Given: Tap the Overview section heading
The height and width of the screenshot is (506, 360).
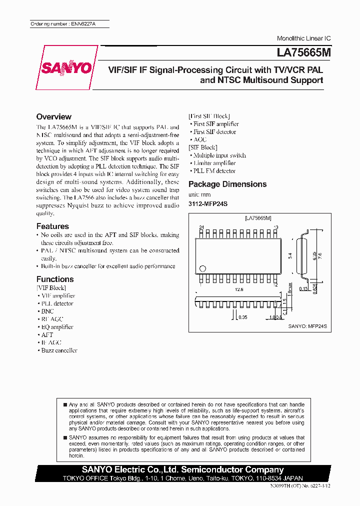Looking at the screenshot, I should coord(54,117).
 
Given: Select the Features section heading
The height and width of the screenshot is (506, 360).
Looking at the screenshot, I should coord(52,226).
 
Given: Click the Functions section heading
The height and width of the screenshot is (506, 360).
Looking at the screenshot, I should coord(55,279).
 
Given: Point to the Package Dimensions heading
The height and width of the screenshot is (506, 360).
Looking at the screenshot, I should coord(227,184).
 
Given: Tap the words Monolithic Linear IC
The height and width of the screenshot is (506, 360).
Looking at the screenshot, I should coord(303,38).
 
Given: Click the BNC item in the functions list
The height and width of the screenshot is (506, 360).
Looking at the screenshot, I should coord(47,311).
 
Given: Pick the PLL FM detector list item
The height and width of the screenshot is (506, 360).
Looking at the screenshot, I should coord(214,171).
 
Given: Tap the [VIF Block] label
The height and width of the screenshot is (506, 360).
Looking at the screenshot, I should coord(51,288).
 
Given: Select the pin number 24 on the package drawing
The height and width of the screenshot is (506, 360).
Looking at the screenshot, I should coord(201,227).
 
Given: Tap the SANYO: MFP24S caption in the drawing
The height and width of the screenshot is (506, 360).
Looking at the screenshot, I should coord(307,326).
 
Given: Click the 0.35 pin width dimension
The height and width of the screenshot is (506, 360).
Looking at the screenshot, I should coord(242,317).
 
